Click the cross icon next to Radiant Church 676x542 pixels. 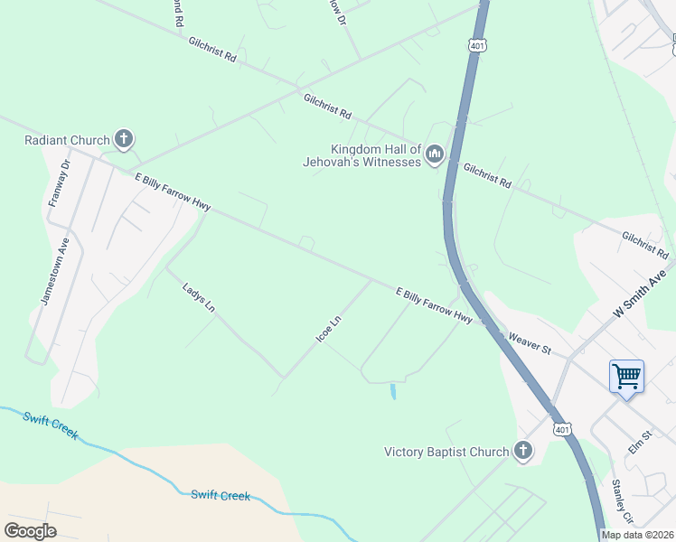tap(124, 140)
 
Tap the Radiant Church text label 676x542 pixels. tap(67, 140)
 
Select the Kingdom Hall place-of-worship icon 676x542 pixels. tap(434, 155)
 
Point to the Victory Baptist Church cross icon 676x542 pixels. tap(522, 452)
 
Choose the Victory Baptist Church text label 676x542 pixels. tap(446, 452)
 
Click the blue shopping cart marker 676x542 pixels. tap(626, 376)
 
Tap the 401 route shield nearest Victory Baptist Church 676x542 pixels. tap(561, 428)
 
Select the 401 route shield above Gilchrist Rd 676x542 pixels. tap(476, 46)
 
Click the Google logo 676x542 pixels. tap(31, 531)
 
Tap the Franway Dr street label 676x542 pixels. tap(59, 183)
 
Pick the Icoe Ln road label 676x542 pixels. tap(328, 327)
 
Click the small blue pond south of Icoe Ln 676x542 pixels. tap(392, 392)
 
